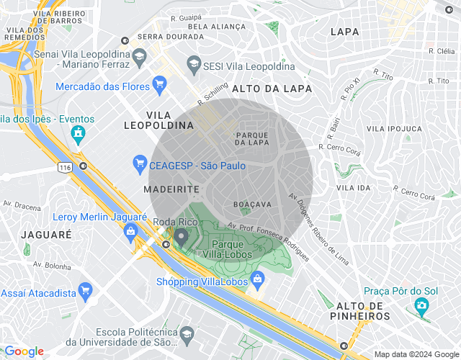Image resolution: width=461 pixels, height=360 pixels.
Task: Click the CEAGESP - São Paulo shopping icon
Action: [140, 166]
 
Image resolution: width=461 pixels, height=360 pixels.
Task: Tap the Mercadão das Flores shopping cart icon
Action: [161, 86]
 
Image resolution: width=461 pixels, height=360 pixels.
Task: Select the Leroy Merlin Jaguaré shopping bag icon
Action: [130, 231]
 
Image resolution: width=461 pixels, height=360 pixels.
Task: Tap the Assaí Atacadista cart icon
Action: [86, 292]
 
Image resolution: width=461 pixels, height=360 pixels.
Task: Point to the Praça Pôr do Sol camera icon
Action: [421, 307]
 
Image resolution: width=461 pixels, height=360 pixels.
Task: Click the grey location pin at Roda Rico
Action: [182, 236]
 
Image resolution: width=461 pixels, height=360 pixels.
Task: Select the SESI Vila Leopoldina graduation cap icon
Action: [194, 66]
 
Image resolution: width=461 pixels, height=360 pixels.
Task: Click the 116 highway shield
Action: [66, 167]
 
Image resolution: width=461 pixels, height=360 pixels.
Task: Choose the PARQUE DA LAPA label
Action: [252, 138]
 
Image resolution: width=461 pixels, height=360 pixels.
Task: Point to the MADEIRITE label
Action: [171, 188]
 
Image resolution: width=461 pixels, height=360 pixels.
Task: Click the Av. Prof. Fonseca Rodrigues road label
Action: [268, 241]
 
